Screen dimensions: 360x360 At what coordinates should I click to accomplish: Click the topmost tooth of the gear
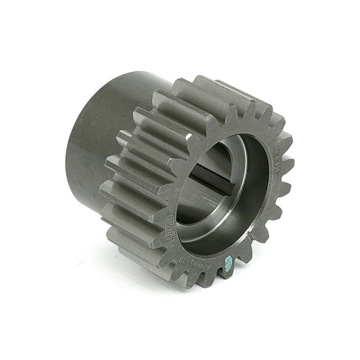click(205, 81)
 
